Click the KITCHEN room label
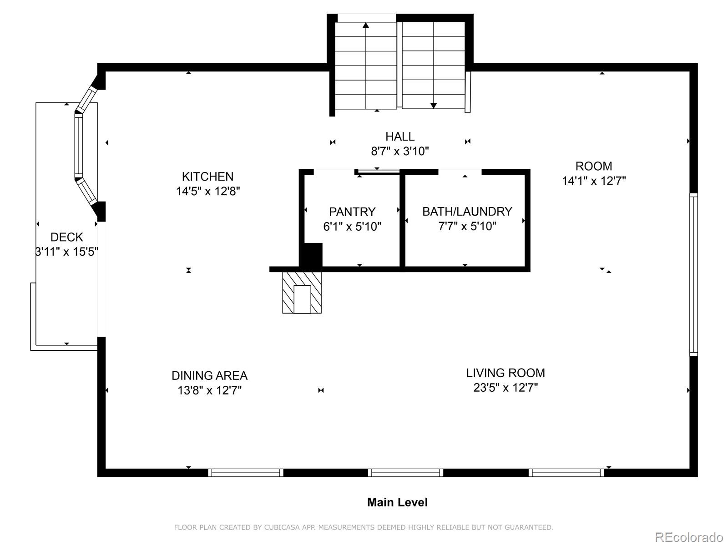click(x=207, y=177)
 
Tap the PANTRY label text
click(x=352, y=212)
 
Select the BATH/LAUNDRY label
click(x=467, y=211)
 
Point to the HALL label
click(x=399, y=136)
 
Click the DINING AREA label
click(x=209, y=376)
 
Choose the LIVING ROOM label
click(x=506, y=373)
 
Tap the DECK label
click(x=67, y=237)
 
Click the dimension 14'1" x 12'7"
click(x=594, y=181)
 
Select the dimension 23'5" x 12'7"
click(x=506, y=388)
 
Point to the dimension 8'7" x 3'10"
click(x=399, y=151)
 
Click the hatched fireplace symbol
click(x=302, y=293)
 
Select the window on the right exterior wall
click(x=693, y=274)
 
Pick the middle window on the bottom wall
click(x=405, y=472)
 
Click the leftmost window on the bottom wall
click(x=246, y=472)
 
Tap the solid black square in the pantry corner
click(x=311, y=255)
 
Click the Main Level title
click(x=397, y=502)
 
